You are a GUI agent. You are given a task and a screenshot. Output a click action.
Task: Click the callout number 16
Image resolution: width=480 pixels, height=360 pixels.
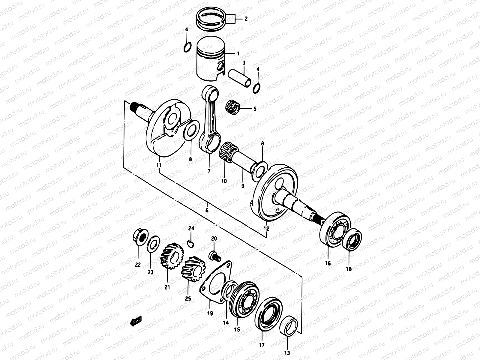pos(328,263)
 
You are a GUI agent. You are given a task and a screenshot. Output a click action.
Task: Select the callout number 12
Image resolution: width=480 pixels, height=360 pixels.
pos(266,229)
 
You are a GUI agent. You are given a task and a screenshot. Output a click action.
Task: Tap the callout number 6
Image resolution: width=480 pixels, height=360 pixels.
pos(207,210)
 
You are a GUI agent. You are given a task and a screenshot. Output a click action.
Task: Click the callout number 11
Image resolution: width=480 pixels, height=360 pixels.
pos(159,165)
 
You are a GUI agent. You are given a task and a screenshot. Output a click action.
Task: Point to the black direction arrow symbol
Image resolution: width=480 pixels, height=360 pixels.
pos(136,322)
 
